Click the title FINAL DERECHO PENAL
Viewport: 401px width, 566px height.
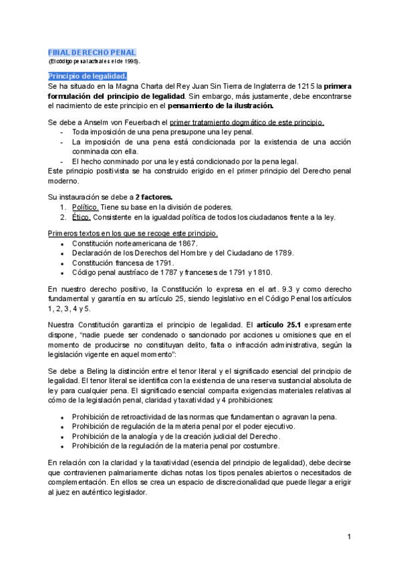pos(92,52)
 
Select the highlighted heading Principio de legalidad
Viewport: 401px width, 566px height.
pos(83,76)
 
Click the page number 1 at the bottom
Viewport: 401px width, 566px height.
pos(350,537)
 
